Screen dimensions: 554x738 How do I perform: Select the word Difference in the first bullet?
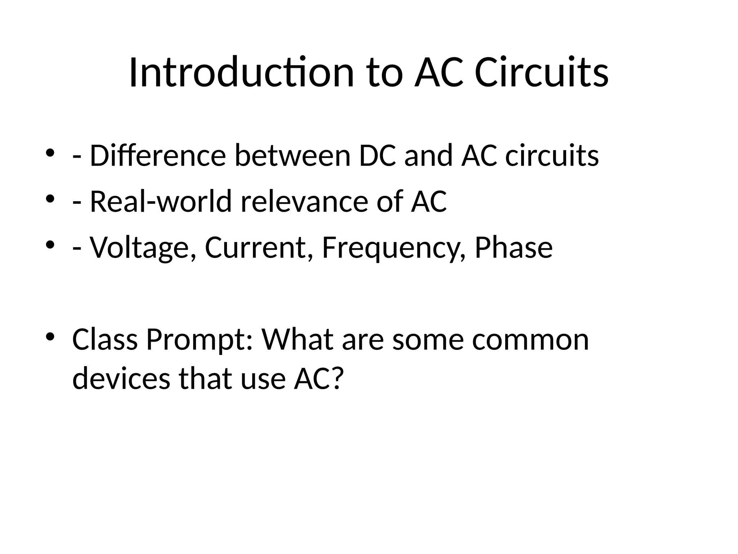pos(157,155)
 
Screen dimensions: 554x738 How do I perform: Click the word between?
pos(292,155)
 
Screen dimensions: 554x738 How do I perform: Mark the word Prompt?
pos(199,340)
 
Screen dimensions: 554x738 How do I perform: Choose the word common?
pos(530,340)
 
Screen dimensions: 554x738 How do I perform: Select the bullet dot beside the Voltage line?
pos(50,245)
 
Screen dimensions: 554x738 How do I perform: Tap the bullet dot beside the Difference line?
pos(50,153)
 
